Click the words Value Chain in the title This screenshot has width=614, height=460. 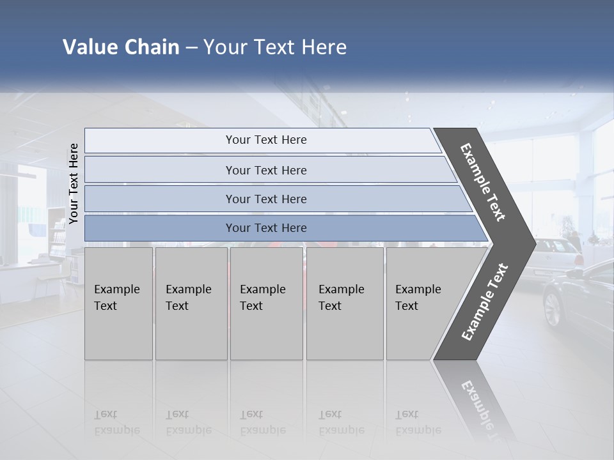click(x=121, y=47)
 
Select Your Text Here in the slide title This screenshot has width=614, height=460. click(x=275, y=47)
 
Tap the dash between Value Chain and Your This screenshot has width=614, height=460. click(x=191, y=48)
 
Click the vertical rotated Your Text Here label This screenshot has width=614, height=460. click(x=74, y=184)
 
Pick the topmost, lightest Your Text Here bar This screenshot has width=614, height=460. click(x=265, y=140)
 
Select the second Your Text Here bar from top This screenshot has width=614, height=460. click(x=265, y=170)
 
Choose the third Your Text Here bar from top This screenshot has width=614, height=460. click(x=265, y=199)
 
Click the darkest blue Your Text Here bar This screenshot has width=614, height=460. click(x=265, y=228)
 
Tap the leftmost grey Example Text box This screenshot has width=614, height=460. click(x=118, y=303)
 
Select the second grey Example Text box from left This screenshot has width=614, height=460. click(x=191, y=303)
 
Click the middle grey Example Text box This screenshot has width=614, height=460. click(x=266, y=303)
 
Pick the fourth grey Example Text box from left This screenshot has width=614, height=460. click(x=344, y=303)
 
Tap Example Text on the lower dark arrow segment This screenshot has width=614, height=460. click(x=485, y=302)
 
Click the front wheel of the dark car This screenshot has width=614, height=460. click(x=552, y=309)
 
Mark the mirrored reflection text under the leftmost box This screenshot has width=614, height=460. click(x=117, y=422)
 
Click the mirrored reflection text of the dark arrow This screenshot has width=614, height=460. click(x=480, y=402)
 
